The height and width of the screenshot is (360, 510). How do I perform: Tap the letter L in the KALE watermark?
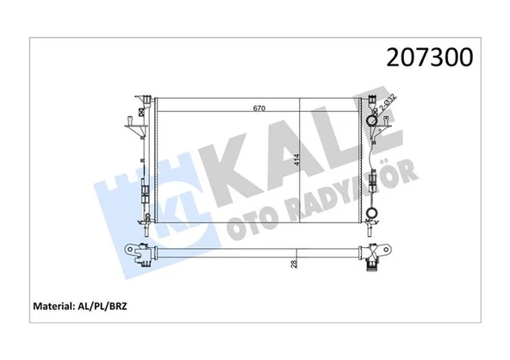tap(336, 152)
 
